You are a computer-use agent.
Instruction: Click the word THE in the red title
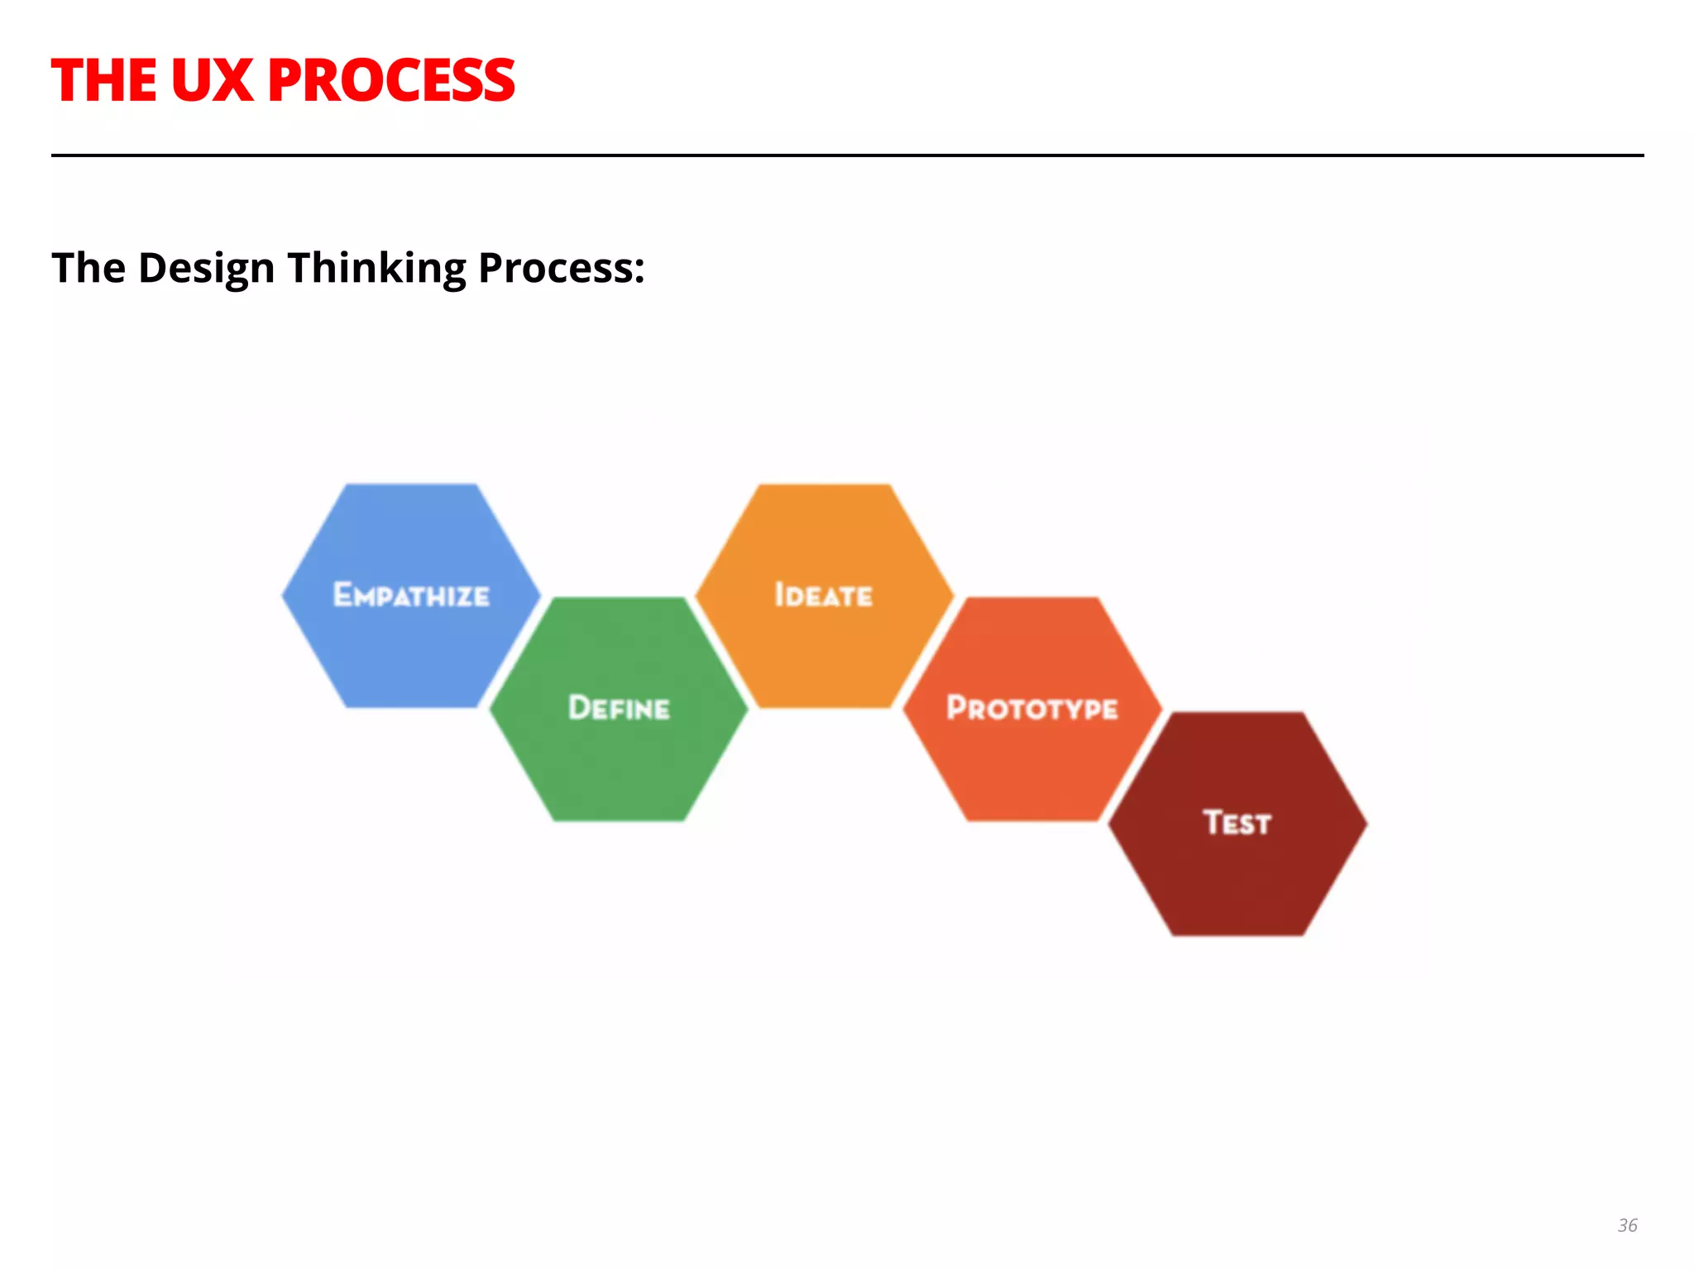pyautogui.click(x=104, y=81)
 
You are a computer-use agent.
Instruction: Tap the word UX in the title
pyautogui.click(x=212, y=81)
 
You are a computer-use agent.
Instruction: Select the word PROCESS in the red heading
pyautogui.click(x=391, y=81)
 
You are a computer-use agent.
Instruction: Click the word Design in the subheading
pyautogui.click(x=206, y=269)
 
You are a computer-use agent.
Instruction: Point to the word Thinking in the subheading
pyautogui.click(x=376, y=269)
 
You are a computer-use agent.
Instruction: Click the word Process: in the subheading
pyautogui.click(x=562, y=269)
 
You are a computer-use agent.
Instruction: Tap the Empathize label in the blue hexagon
pyautogui.click(x=411, y=595)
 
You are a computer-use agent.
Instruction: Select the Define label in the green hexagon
pyautogui.click(x=619, y=709)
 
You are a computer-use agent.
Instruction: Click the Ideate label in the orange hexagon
pyautogui.click(x=824, y=595)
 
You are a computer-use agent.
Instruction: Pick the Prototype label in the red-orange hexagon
pyautogui.click(x=1032, y=709)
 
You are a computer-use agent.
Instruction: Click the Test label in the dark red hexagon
pyautogui.click(x=1237, y=824)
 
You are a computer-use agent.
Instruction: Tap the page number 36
pyautogui.click(x=1627, y=1225)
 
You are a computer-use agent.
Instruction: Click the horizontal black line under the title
pyautogui.click(x=847, y=155)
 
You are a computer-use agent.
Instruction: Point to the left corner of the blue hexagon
pyautogui.click(x=284, y=595)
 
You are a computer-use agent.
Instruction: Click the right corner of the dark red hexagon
pyautogui.click(x=1366, y=824)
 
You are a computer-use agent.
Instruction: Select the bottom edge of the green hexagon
pyautogui.click(x=619, y=819)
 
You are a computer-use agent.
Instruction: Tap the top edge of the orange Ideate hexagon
pyautogui.click(x=824, y=486)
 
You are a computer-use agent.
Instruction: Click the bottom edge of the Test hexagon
pyautogui.click(x=1237, y=934)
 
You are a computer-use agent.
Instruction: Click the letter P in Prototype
pyautogui.click(x=957, y=708)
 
